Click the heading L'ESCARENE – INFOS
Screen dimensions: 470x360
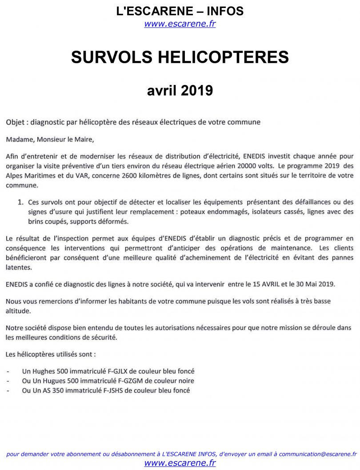pyautogui.click(x=180, y=11)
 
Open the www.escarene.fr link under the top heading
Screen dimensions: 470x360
pyautogui.click(x=180, y=24)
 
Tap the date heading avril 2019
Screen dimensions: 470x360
pyautogui.click(x=180, y=91)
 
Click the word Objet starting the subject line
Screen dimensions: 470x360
pyautogui.click(x=15, y=122)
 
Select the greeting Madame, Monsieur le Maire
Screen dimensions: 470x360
pyautogui.click(x=50, y=139)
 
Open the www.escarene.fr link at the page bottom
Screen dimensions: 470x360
pyautogui.click(x=180, y=463)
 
